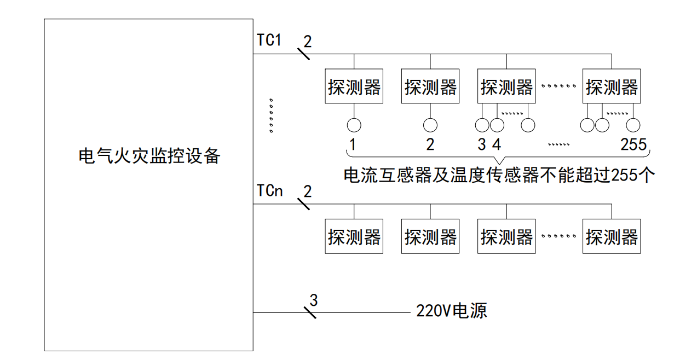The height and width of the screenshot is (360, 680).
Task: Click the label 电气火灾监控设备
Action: tap(149, 156)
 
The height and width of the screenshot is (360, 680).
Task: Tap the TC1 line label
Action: tap(269, 40)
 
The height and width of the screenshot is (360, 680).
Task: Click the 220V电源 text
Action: tap(451, 311)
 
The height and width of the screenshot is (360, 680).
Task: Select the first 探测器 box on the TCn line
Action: tap(354, 237)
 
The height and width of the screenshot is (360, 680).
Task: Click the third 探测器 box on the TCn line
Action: tap(506, 237)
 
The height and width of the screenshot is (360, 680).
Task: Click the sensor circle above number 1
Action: tap(354, 125)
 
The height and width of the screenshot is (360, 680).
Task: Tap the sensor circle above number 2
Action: tap(430, 125)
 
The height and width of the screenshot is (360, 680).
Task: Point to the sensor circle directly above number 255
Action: tap(633, 125)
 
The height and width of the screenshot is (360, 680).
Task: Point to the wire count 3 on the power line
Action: tap(313, 300)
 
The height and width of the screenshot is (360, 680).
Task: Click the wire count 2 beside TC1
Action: tap(307, 41)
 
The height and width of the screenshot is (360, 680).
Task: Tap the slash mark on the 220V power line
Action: tap(310, 313)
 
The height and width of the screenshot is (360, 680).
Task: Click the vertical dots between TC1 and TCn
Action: tap(271, 115)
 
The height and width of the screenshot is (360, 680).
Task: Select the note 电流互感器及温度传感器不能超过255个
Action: tap(496, 175)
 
